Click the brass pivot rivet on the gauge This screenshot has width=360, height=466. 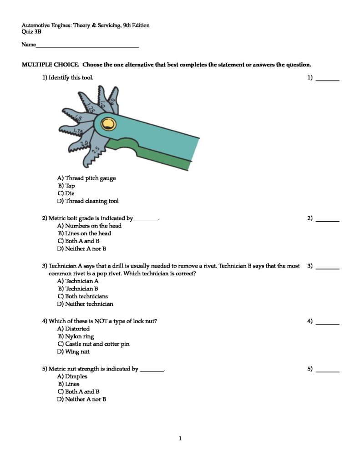(108, 123)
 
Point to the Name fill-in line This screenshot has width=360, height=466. (87, 46)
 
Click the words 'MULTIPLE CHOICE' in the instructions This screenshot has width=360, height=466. (50, 65)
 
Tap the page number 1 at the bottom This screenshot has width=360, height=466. (180, 439)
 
